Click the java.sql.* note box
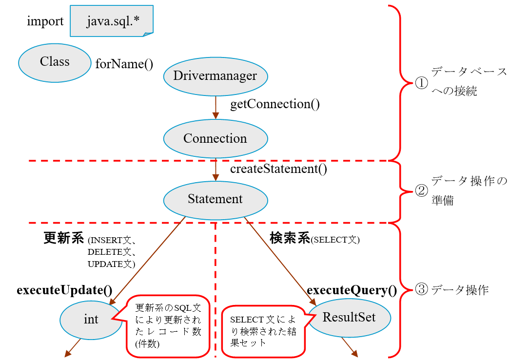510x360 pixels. [x=112, y=21]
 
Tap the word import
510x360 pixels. [x=45, y=21]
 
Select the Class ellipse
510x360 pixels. [x=55, y=62]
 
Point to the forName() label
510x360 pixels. [x=124, y=64]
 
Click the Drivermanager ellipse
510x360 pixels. [x=215, y=76]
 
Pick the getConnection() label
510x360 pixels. [x=275, y=104]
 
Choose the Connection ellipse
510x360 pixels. [x=215, y=138]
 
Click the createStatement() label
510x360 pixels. [x=278, y=169]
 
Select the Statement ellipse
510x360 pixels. [x=215, y=199]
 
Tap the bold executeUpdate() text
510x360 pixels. [x=65, y=290]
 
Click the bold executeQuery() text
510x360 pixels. [x=352, y=290]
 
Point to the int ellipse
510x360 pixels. [x=91, y=319]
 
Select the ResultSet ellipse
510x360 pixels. [x=349, y=317]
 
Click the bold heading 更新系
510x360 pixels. [x=63, y=239]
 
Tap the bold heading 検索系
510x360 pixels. [x=290, y=239]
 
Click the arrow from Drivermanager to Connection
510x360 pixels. [x=215, y=107]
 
